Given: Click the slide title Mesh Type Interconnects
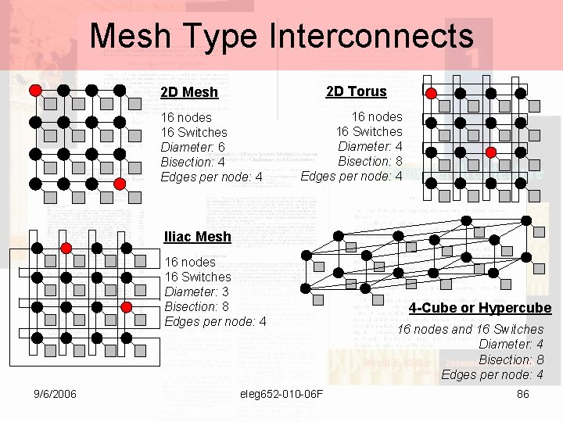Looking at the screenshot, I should pos(281,36).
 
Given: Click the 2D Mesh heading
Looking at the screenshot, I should pos(189,92).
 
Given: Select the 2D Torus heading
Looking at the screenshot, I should pos(356,91).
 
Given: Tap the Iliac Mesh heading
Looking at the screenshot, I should pos(198,237).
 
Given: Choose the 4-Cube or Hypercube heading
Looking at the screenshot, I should pos(480,308).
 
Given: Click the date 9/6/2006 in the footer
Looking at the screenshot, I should pos(55,394).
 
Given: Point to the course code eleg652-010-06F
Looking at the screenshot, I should pos(281,394).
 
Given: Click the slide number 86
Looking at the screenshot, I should pos(523,394).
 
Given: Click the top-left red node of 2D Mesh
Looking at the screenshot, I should pos(35,90).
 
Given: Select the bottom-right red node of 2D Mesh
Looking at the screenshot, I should pos(120,184).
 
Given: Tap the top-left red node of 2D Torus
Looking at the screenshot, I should pos(431,92).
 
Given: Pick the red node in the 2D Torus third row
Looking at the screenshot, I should pos(490,152).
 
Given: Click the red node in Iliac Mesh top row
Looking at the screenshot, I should pos(66,248).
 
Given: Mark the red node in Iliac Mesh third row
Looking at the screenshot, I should pos(127,307).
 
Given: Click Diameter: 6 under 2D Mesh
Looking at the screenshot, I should pos(192,147).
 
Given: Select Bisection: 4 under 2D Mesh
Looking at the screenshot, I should pos(192,162).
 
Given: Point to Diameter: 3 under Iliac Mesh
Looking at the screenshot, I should pos(192,291).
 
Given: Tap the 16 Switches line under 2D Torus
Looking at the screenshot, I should pos(369,131).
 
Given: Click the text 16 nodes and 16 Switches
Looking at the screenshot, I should pos(470,329).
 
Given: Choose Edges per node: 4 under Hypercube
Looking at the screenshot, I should pos(492,374).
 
